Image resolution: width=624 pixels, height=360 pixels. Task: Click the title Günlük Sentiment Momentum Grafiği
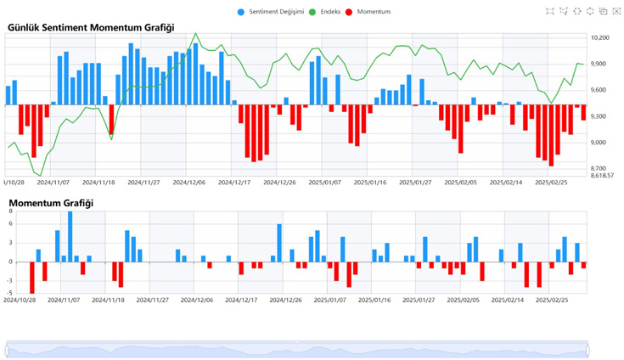(x=91, y=28)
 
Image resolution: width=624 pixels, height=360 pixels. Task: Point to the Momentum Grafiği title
(x=51, y=203)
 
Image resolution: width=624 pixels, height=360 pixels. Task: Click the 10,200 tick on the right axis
(x=600, y=38)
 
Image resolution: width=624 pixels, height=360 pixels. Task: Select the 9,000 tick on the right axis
(x=599, y=143)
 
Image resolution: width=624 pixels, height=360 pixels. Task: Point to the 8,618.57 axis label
(x=604, y=175)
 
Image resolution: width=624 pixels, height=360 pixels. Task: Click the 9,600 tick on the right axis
(x=599, y=90)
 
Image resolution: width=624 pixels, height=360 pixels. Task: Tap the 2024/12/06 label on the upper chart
(x=190, y=182)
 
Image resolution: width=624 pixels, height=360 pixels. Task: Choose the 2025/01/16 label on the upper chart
(x=370, y=182)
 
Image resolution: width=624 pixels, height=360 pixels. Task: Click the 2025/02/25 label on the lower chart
(x=552, y=299)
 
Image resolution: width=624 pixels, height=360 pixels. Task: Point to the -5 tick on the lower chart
(x=10, y=293)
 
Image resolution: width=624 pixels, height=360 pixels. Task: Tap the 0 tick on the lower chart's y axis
(x=11, y=262)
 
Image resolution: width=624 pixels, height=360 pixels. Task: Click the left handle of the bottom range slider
(x=7, y=349)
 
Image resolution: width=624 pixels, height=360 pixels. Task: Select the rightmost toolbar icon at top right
(x=616, y=11)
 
